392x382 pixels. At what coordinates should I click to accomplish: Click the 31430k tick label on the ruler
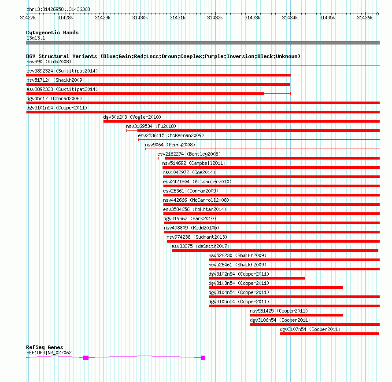(140, 18)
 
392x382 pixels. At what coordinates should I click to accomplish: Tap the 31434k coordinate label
(290, 18)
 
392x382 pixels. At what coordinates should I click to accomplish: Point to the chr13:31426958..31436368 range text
(58, 10)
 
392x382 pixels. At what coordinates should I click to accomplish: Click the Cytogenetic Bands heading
(52, 33)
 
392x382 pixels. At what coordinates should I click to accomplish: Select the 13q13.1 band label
(36, 38)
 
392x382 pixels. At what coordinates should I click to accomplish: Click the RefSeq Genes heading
(44, 347)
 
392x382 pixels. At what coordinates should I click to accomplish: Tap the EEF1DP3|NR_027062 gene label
(49, 353)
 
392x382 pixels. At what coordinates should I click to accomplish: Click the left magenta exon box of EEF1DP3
(85, 358)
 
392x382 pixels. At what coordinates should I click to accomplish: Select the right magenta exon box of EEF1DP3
(203, 358)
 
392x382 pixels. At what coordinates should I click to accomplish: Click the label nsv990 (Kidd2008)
(49, 62)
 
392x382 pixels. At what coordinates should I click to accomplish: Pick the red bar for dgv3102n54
(256, 278)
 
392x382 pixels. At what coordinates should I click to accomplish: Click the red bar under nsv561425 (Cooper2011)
(296, 315)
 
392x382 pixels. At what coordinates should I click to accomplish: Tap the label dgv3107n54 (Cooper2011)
(310, 329)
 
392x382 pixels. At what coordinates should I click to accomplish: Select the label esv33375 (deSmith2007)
(200, 246)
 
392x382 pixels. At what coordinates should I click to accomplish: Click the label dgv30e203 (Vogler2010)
(132, 117)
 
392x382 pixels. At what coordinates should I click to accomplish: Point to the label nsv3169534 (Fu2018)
(151, 126)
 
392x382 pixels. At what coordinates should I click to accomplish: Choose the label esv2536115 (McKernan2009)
(171, 135)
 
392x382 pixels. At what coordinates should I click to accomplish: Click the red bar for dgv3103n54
(276, 287)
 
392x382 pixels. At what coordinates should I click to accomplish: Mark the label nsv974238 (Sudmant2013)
(197, 237)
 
